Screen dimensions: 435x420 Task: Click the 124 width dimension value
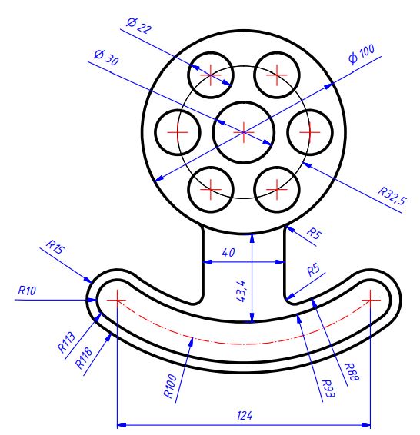245,415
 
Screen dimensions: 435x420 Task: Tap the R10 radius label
27,290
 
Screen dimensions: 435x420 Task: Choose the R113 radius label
67,340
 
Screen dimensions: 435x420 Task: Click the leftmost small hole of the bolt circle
178,132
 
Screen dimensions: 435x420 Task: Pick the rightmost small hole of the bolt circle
309,132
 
